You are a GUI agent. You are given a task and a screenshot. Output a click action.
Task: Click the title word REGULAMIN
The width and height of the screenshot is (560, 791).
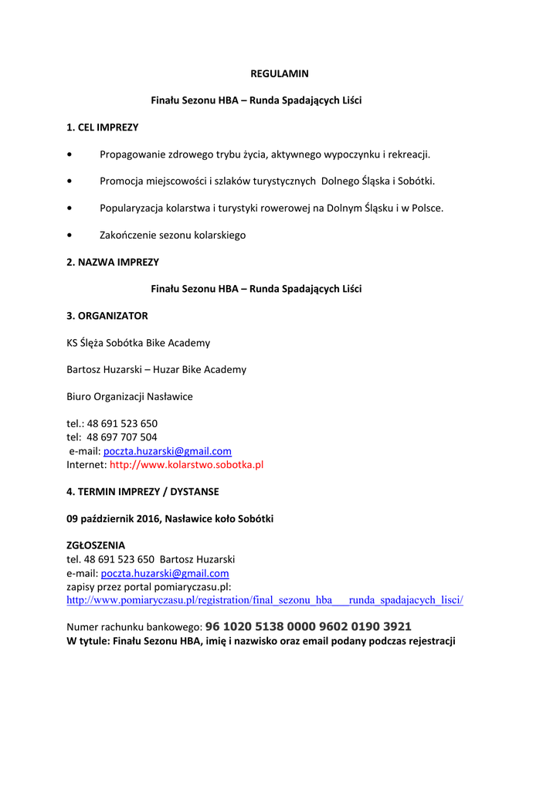point(280,73)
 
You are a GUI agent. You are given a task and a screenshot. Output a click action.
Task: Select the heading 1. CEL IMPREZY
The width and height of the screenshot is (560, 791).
point(102,127)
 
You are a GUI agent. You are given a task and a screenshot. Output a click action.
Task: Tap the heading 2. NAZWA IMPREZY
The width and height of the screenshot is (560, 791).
point(113,262)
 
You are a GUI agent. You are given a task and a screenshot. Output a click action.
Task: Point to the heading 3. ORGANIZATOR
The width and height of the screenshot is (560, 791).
point(107,316)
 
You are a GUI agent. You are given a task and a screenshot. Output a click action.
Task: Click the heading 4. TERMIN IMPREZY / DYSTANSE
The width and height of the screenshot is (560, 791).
point(143,491)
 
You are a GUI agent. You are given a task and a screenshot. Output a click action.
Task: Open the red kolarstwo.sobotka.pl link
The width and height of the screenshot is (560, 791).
point(187,465)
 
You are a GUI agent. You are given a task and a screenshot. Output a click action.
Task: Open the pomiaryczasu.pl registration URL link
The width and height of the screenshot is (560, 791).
point(265,599)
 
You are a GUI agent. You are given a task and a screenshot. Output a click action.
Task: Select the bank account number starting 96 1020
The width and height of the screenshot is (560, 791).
point(308,626)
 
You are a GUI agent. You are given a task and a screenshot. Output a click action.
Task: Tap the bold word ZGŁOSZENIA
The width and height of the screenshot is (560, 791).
point(96,545)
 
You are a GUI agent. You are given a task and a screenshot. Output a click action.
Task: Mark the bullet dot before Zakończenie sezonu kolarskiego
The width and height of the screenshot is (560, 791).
point(70,236)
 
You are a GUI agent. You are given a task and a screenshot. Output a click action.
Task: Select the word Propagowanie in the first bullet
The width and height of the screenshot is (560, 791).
point(131,154)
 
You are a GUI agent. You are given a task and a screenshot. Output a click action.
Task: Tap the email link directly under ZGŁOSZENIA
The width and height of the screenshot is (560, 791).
point(165,573)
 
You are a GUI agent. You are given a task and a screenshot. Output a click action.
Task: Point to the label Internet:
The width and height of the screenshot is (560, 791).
point(87,465)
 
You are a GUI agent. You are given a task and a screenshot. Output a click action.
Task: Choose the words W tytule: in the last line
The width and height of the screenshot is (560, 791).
point(87,640)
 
